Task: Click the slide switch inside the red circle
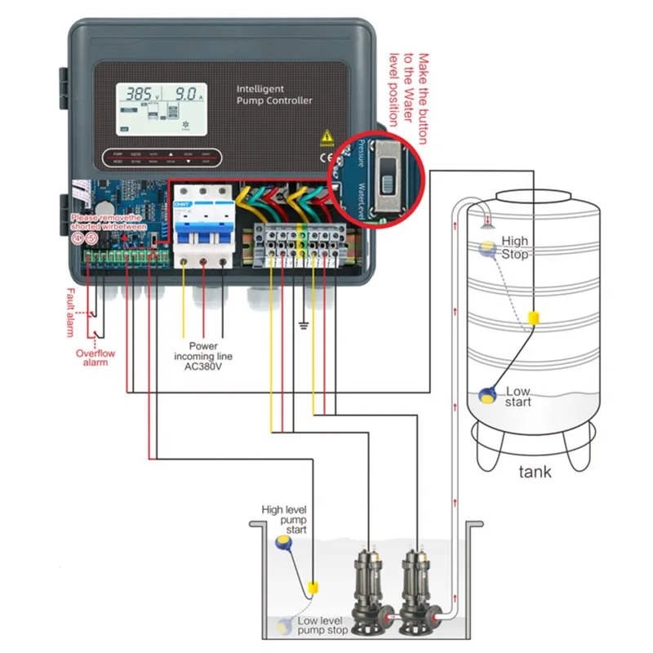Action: point(387,173)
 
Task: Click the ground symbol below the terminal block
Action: point(304,326)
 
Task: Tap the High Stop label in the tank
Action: point(515,247)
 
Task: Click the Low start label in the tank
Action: point(518,397)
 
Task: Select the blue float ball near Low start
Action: point(487,395)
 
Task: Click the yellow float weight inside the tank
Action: point(534,318)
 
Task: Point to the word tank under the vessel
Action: point(535,472)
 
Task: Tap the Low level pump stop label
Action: point(322,625)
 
